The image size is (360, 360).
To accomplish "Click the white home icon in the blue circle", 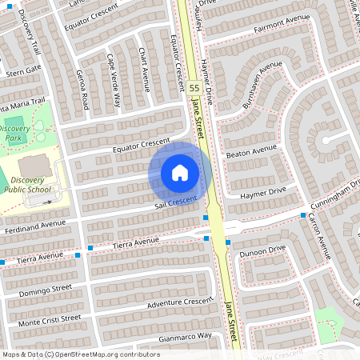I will click(x=180, y=172).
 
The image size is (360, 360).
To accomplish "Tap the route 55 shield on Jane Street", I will click(x=194, y=86).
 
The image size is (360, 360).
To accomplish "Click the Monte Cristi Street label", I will click(x=50, y=319).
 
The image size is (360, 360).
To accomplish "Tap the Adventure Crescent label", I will click(x=181, y=303).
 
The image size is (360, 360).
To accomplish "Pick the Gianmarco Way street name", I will click(x=182, y=337).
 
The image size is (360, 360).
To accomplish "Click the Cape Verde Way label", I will click(x=114, y=82).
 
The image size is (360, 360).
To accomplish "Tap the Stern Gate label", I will click(x=22, y=70).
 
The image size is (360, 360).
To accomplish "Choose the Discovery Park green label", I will click(x=15, y=133).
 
